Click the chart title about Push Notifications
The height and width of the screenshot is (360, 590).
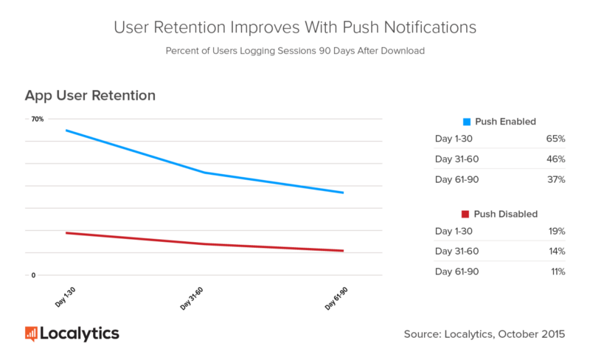(x=295, y=27)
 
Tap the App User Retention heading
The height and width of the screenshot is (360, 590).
(x=90, y=96)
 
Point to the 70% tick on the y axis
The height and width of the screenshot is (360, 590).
(x=37, y=119)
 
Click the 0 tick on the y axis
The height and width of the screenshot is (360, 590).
(x=32, y=275)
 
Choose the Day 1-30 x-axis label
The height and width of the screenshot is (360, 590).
(x=65, y=298)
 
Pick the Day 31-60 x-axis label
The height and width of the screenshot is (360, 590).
(x=191, y=298)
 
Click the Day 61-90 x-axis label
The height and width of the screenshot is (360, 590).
(x=336, y=298)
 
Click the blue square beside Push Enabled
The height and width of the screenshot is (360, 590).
(x=465, y=121)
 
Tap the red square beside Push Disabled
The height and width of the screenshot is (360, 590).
(x=465, y=214)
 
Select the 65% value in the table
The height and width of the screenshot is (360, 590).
(x=555, y=139)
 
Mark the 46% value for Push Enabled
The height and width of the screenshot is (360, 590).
(x=555, y=159)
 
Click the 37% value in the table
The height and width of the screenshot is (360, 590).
(x=555, y=179)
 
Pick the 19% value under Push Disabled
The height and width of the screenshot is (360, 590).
(x=555, y=232)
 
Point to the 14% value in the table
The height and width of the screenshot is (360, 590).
(x=555, y=252)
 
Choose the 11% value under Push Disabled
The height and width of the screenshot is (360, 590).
(x=555, y=271)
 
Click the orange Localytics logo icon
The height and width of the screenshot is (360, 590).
(x=31, y=333)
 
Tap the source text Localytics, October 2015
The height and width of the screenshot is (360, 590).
(x=485, y=334)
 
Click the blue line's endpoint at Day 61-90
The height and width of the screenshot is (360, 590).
(x=343, y=193)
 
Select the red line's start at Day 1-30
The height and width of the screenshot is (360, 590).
(x=66, y=233)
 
